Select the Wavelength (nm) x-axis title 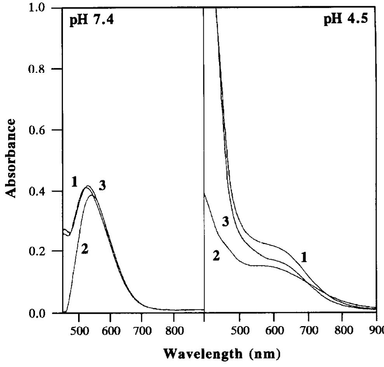tap(221, 353)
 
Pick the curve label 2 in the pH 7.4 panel tap(85, 249)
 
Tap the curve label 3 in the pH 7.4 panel tap(102, 186)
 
